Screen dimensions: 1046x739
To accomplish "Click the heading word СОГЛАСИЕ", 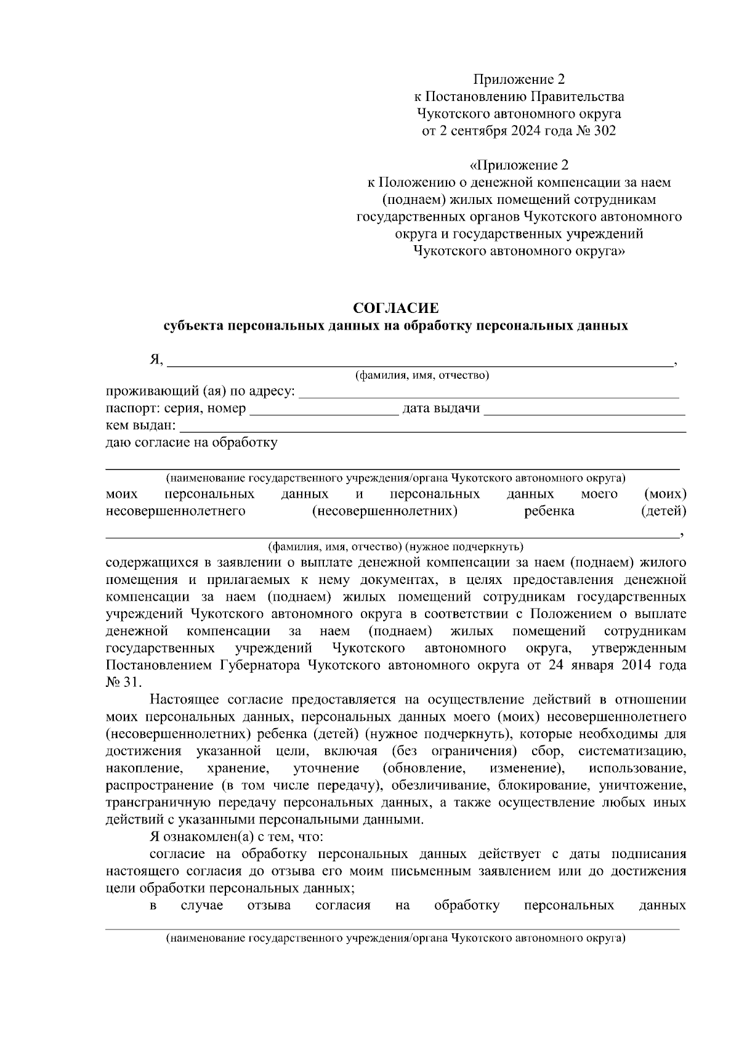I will (x=395, y=307).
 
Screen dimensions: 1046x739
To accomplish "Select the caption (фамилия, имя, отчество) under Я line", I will (x=421, y=375).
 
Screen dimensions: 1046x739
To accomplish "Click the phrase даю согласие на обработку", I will (x=192, y=442).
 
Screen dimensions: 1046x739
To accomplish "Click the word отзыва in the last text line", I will (x=269, y=906).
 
